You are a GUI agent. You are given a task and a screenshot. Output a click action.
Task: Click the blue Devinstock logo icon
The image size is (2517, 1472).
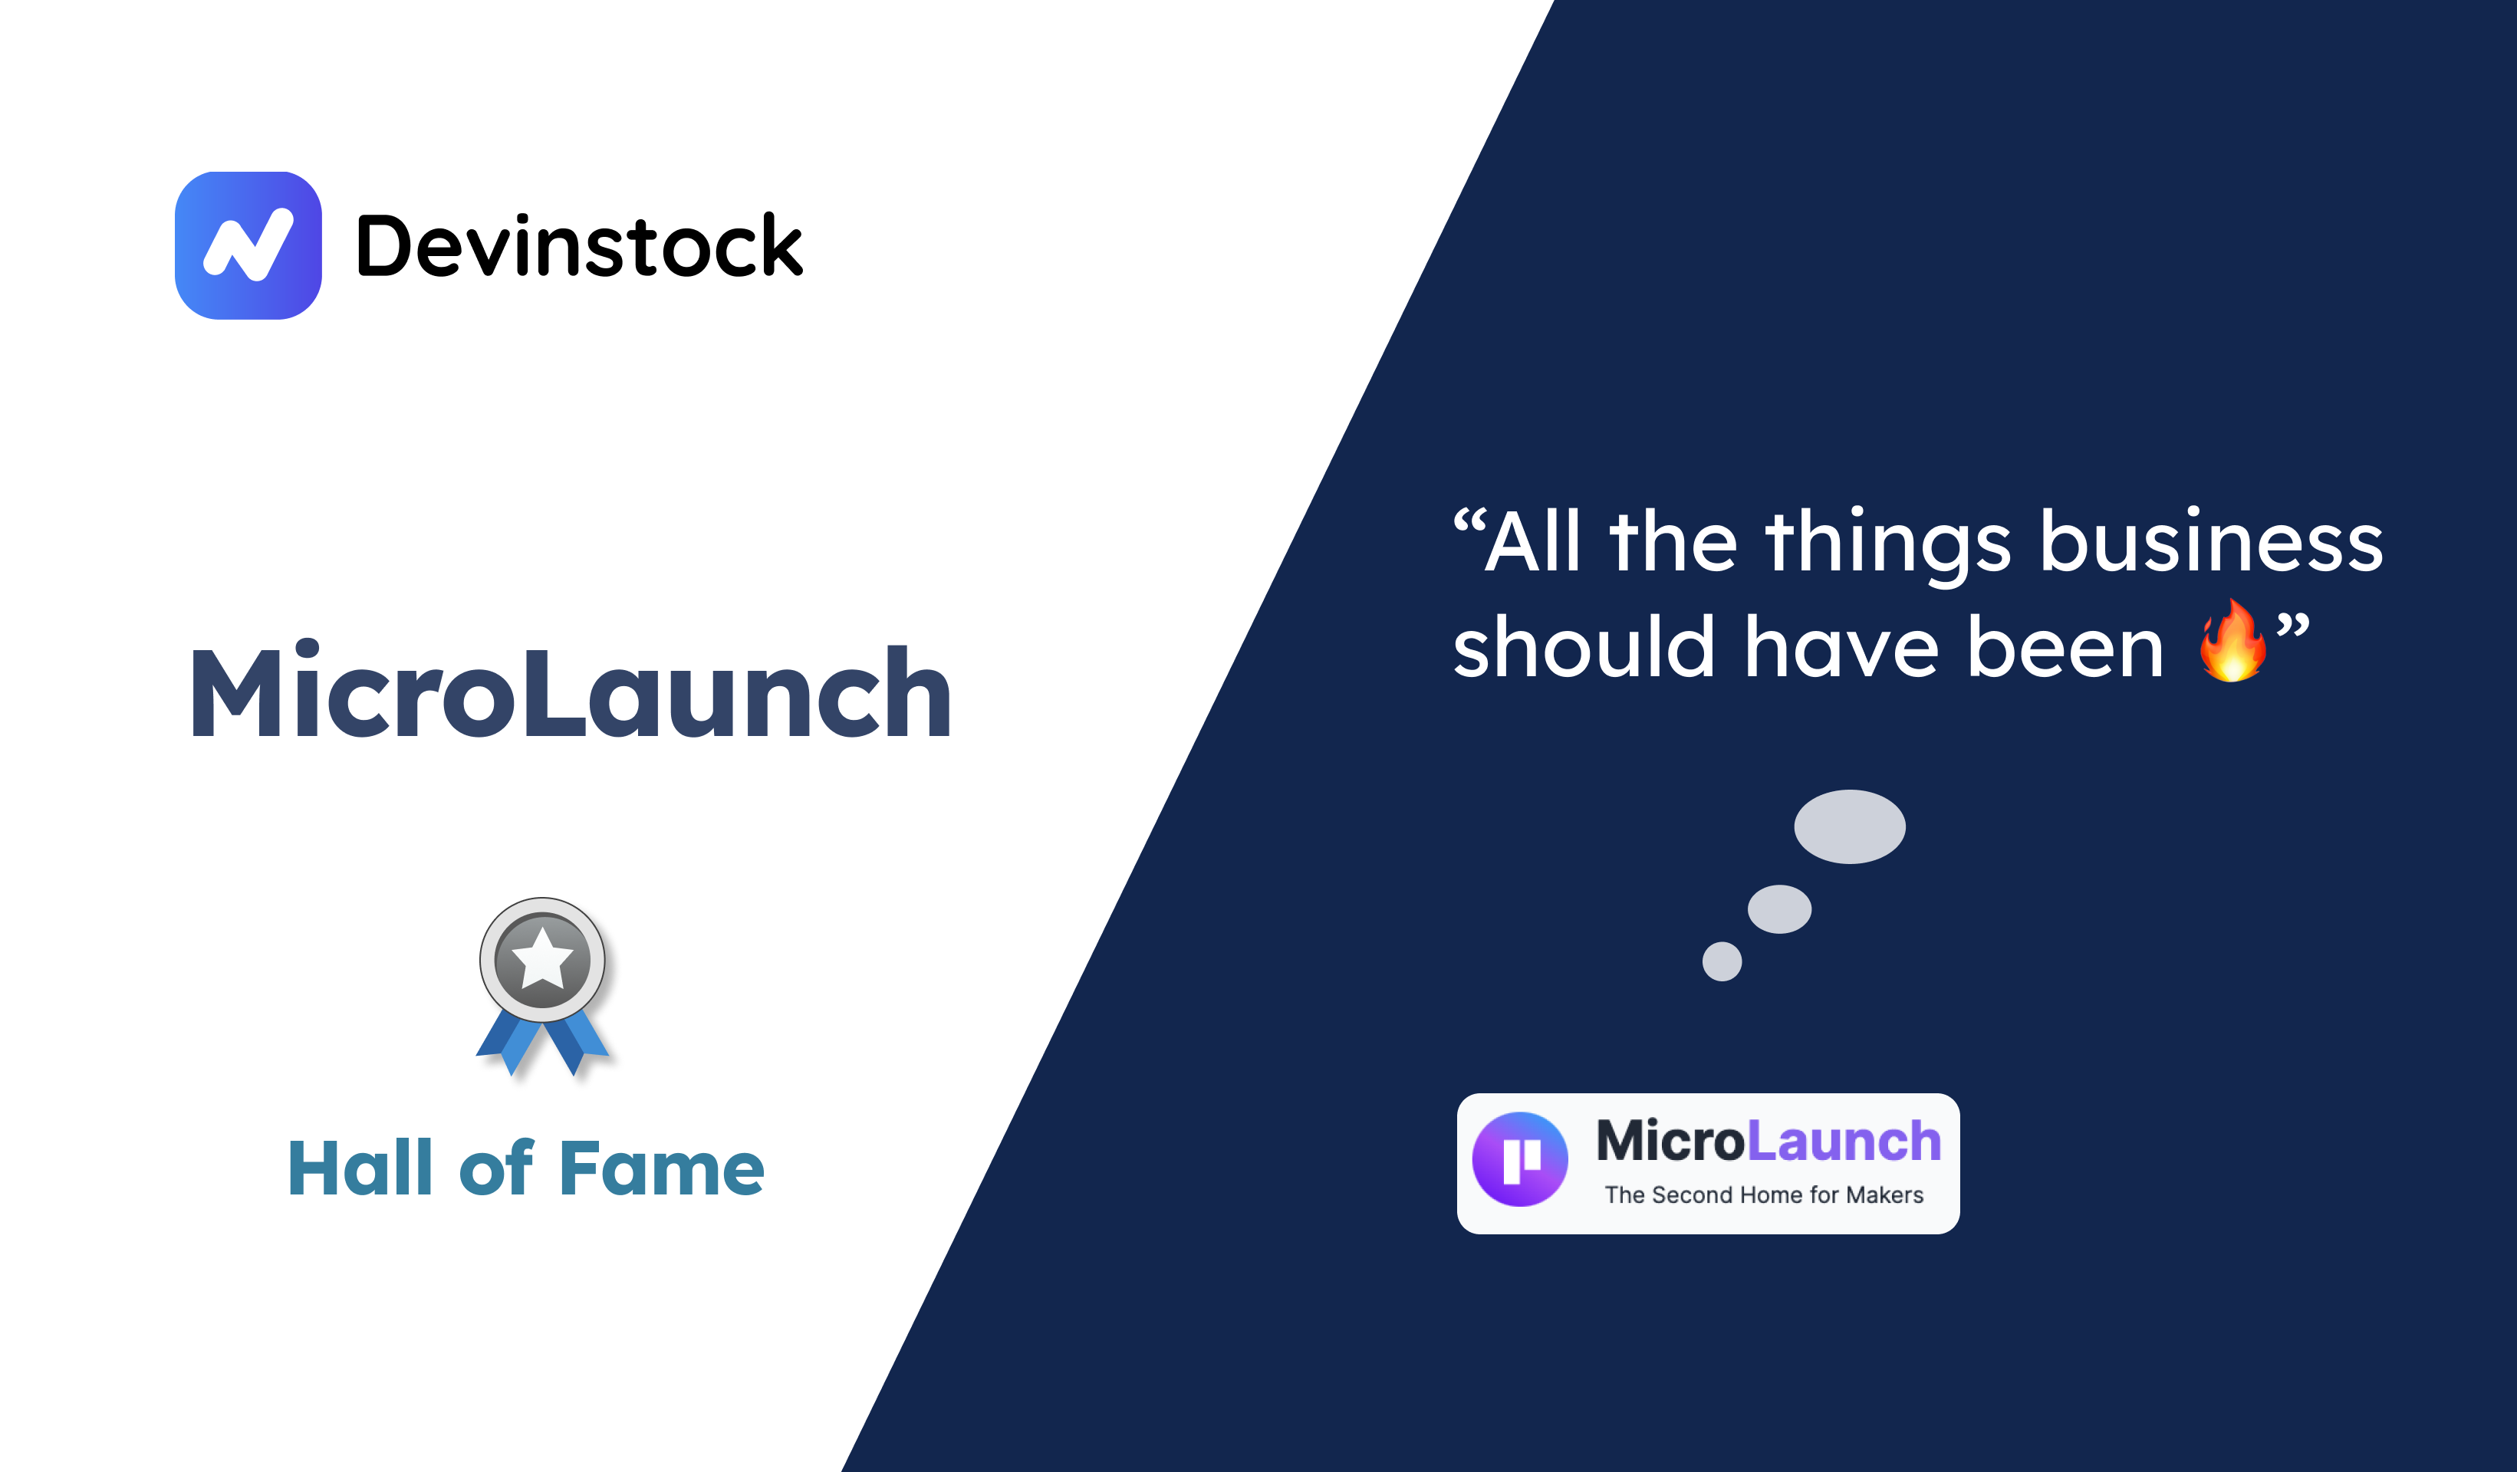pyautogui.click(x=248, y=245)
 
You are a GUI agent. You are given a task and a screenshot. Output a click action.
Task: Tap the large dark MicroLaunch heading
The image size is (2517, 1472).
pyautogui.click(x=571, y=693)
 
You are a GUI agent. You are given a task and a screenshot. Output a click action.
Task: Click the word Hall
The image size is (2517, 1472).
pyautogui.click(x=360, y=1168)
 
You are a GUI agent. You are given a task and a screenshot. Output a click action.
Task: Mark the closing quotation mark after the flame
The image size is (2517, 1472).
pyautogui.click(x=2292, y=626)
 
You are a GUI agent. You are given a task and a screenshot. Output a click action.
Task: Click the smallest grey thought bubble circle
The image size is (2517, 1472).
pyautogui.click(x=1722, y=961)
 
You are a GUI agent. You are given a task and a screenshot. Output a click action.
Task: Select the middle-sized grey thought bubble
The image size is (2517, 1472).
pyautogui.click(x=1779, y=909)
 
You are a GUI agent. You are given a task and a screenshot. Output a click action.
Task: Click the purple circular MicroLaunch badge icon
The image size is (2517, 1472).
pyautogui.click(x=1520, y=1159)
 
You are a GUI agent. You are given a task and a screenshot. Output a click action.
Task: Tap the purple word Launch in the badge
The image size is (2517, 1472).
pyautogui.click(x=1843, y=1141)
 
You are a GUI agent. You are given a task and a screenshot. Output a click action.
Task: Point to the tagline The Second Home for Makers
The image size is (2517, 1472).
pyautogui.click(x=1763, y=1195)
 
